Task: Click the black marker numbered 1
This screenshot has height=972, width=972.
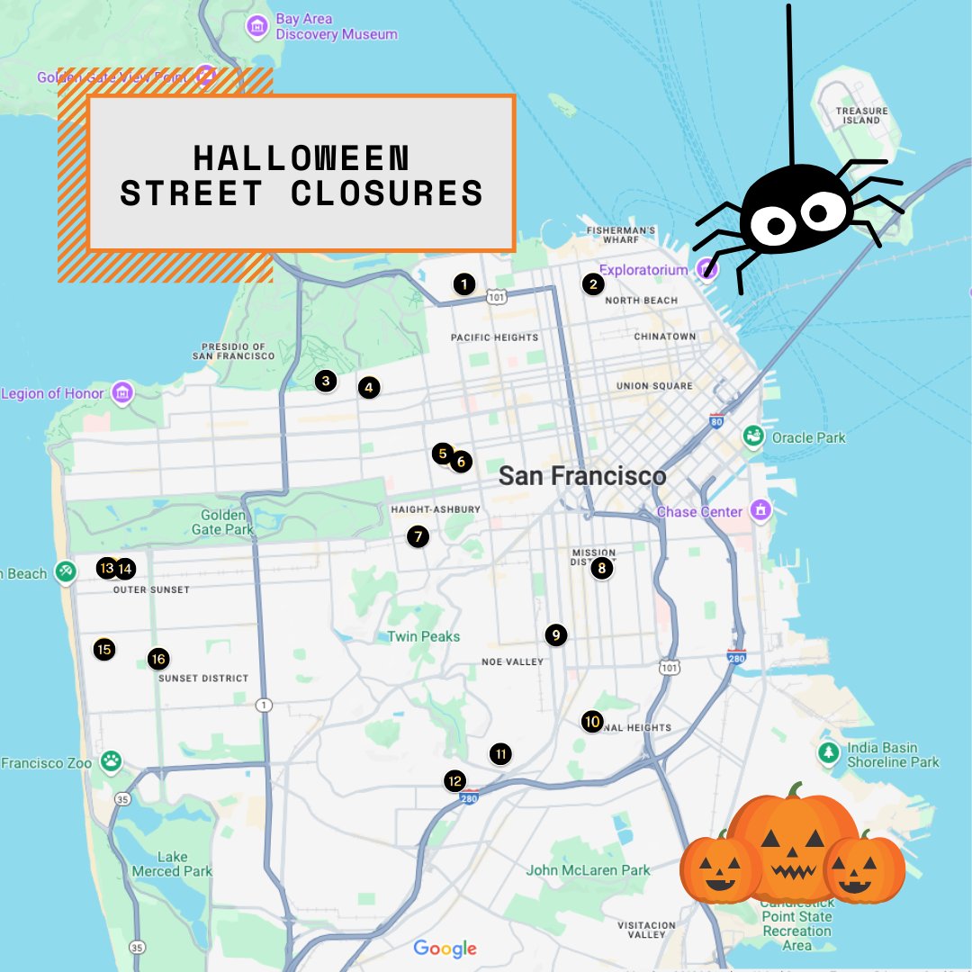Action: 463,284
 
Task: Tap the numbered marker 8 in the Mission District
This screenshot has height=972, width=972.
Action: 602,568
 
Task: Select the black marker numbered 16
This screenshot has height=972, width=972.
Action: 158,659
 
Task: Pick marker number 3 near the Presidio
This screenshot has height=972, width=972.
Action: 326,381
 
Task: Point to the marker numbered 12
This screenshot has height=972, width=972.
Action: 455,780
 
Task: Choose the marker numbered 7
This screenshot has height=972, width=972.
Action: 417,536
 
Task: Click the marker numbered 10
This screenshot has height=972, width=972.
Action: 591,721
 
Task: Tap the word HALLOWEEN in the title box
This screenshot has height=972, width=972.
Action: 301,157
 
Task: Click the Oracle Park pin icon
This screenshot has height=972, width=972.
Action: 753,437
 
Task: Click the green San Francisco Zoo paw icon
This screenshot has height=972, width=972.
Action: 111,762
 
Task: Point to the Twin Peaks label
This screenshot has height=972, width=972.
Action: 423,636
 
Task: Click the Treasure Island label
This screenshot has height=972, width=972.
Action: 861,115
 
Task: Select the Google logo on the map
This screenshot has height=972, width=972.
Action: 445,948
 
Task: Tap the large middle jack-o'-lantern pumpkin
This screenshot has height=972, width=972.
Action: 792,841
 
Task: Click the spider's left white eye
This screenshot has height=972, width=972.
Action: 768,224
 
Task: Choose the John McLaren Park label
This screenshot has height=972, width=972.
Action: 588,870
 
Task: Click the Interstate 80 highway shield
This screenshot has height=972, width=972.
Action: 716,420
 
